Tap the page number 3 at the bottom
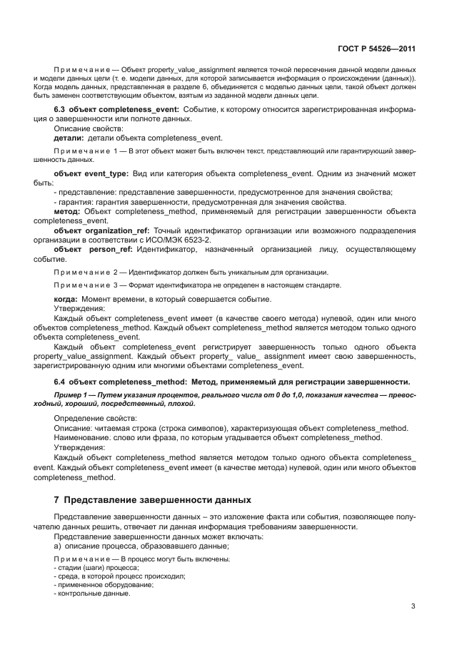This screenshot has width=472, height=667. pos(413,606)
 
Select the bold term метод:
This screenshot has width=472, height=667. pos(68,212)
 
